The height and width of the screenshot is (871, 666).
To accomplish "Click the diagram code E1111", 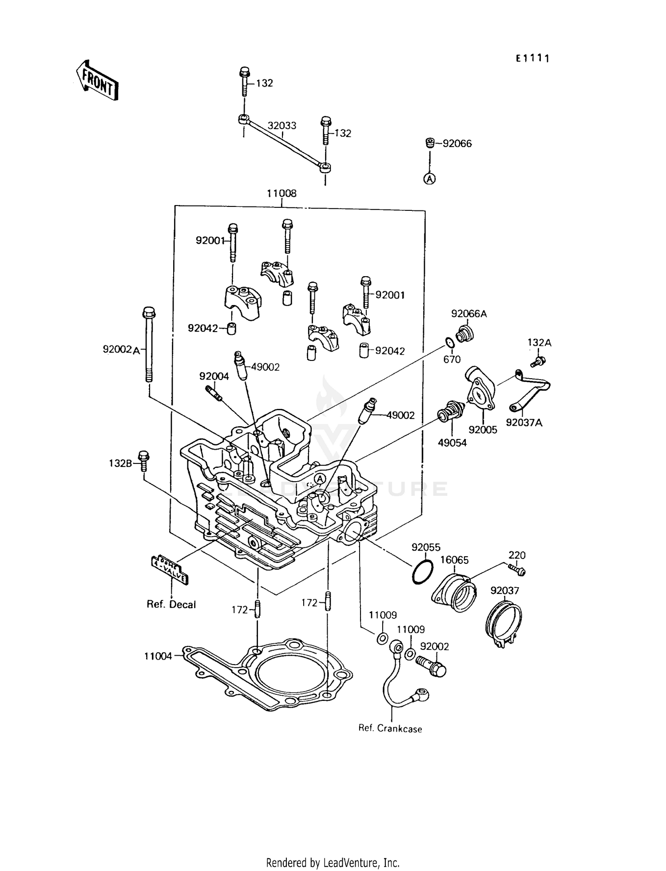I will (532, 58).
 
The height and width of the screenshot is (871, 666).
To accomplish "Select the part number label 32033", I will (281, 126).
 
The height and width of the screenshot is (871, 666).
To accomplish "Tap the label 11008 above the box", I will (281, 194).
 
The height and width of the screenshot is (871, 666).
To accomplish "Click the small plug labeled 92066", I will (429, 143).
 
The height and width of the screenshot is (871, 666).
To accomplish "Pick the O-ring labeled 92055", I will (422, 572).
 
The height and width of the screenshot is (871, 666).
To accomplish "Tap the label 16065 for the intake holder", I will (454, 560).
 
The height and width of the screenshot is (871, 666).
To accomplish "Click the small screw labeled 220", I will (517, 569).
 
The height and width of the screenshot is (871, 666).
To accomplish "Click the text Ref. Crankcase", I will (390, 728).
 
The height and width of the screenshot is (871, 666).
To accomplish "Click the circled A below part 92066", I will (429, 178).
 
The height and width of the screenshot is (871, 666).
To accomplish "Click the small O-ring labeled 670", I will (449, 343).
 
